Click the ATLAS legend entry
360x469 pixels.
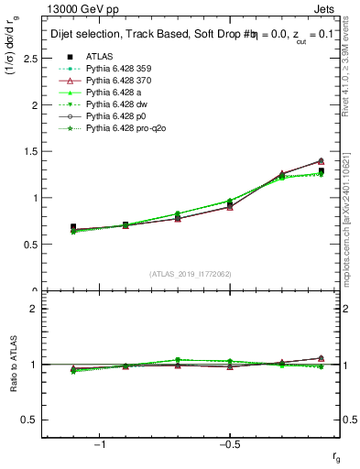(x=99, y=57)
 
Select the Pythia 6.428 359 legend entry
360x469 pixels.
(x=123, y=69)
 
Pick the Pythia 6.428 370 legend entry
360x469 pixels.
(x=123, y=81)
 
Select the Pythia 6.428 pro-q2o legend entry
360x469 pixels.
(x=127, y=128)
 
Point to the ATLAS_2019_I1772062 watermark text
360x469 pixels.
(x=191, y=274)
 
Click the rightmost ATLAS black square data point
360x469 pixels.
(x=321, y=171)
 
